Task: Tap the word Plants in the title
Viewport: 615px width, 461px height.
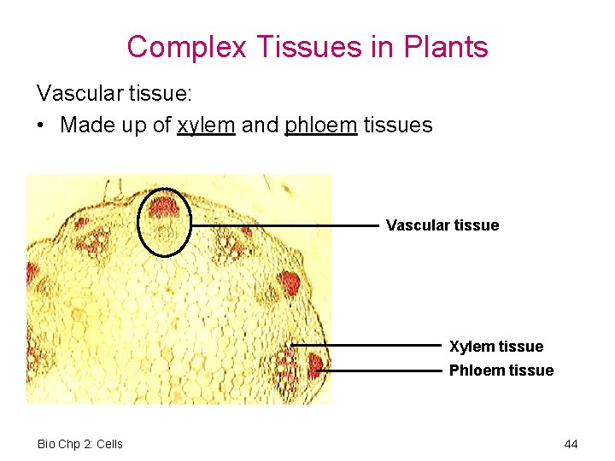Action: click(444, 46)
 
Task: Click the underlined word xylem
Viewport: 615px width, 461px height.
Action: click(206, 125)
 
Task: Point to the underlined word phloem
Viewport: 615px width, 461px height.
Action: click(321, 125)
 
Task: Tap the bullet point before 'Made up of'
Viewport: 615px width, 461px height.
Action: click(42, 125)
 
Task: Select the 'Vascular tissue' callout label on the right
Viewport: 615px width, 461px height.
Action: click(442, 225)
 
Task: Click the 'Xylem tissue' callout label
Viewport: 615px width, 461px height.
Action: click(496, 346)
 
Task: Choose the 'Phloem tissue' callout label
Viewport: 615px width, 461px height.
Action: click(501, 371)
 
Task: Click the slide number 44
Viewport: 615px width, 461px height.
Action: click(571, 444)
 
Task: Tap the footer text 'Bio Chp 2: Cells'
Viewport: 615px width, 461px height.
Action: click(80, 444)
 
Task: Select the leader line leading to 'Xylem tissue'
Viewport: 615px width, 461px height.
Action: click(367, 345)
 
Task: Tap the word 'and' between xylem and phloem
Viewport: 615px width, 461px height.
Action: click(260, 125)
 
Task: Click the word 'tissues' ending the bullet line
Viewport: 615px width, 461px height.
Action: click(398, 125)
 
